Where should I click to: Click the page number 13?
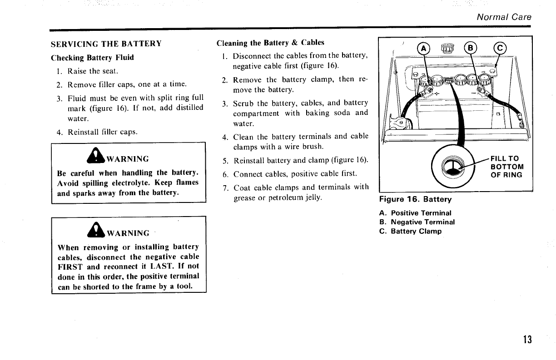tap(527, 340)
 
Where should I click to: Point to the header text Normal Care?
tap(504, 17)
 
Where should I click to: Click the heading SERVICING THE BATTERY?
tap(106, 44)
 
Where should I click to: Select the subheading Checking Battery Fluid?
tap(92, 58)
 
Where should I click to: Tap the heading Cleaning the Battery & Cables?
tap(270, 43)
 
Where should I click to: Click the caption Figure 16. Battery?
tap(416, 199)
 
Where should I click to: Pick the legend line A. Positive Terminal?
tap(415, 212)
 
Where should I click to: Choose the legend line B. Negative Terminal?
tap(417, 222)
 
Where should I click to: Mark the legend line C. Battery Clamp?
tap(410, 231)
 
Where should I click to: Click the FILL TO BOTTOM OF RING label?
tap(506, 167)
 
